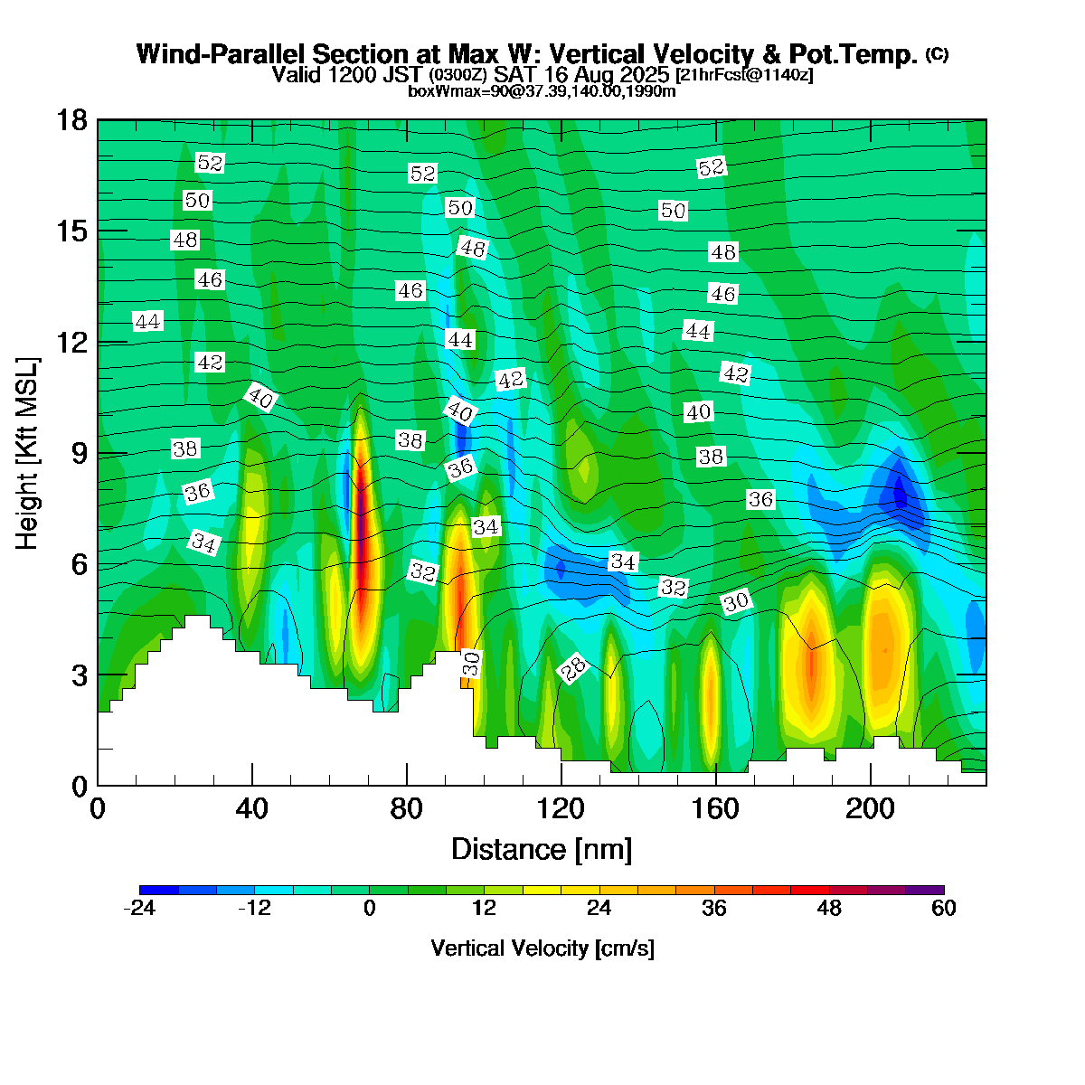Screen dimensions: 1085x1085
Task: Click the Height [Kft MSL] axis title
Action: click(x=28, y=453)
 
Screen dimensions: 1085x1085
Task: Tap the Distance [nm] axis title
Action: click(x=542, y=850)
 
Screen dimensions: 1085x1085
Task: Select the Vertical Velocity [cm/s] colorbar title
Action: click(x=542, y=948)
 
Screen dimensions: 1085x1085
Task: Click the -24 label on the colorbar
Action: click(x=139, y=908)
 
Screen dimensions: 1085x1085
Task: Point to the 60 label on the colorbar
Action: click(x=944, y=908)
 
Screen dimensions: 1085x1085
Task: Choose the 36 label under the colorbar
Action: click(x=714, y=908)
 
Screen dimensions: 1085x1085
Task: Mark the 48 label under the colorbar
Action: click(x=829, y=908)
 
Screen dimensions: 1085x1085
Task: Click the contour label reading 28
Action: click(x=573, y=669)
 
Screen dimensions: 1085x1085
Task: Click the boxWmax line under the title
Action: click(x=542, y=90)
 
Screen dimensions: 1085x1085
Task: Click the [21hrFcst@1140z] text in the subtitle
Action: click(x=744, y=75)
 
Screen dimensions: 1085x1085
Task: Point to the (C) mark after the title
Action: click(x=937, y=54)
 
